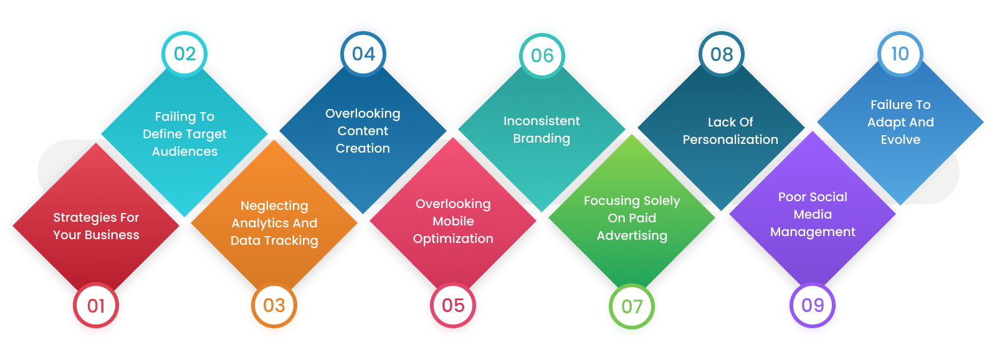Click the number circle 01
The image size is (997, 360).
96,305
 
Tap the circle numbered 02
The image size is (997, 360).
184,54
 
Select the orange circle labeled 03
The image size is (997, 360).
274,305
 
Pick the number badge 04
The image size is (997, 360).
363,54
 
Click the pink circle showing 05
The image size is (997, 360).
453,305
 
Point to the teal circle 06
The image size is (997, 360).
542,55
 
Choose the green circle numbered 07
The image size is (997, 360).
632,306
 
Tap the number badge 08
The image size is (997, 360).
722,54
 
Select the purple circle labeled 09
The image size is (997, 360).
813,305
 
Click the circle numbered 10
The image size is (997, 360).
900,54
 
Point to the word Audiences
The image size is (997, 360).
184,151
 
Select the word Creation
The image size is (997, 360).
363,148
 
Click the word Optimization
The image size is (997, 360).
453,239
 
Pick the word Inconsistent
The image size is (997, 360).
541,121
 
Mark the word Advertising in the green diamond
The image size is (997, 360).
632,236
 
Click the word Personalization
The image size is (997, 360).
730,140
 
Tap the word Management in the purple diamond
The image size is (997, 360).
813,232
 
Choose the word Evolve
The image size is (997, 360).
900,140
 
